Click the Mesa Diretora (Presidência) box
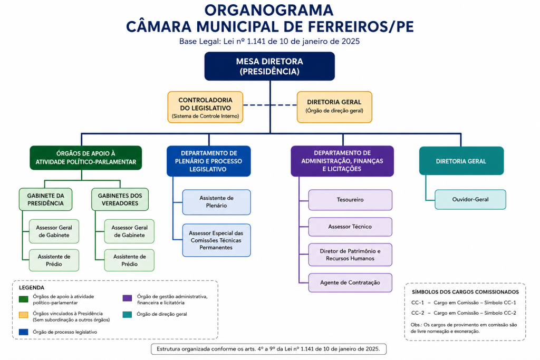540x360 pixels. click(x=269, y=66)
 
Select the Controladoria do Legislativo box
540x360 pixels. click(x=205, y=107)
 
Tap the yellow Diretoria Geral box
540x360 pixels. click(x=334, y=107)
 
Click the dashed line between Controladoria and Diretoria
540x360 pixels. click(x=270, y=105)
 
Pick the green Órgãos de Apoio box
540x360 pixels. click(x=86, y=158)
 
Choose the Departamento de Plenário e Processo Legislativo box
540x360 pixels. click(x=209, y=161)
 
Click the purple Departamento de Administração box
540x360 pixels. click(x=342, y=161)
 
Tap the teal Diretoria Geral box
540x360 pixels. click(x=461, y=161)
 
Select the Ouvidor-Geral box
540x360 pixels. click(x=470, y=199)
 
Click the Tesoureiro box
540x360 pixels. click(x=350, y=200)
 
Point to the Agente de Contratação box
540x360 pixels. click(x=350, y=283)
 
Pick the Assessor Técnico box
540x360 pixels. click(x=350, y=227)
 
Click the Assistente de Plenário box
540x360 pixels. click(x=217, y=202)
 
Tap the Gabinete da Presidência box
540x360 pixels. click(x=45, y=199)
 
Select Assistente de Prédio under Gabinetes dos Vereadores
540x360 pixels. click(x=129, y=260)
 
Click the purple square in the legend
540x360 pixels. click(x=128, y=298)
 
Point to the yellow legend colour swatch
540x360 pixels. click(x=23, y=315)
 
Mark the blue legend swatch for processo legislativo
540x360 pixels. click(x=23, y=332)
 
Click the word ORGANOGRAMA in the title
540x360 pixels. click(x=269, y=10)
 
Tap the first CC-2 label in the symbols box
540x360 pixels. click(x=418, y=313)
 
